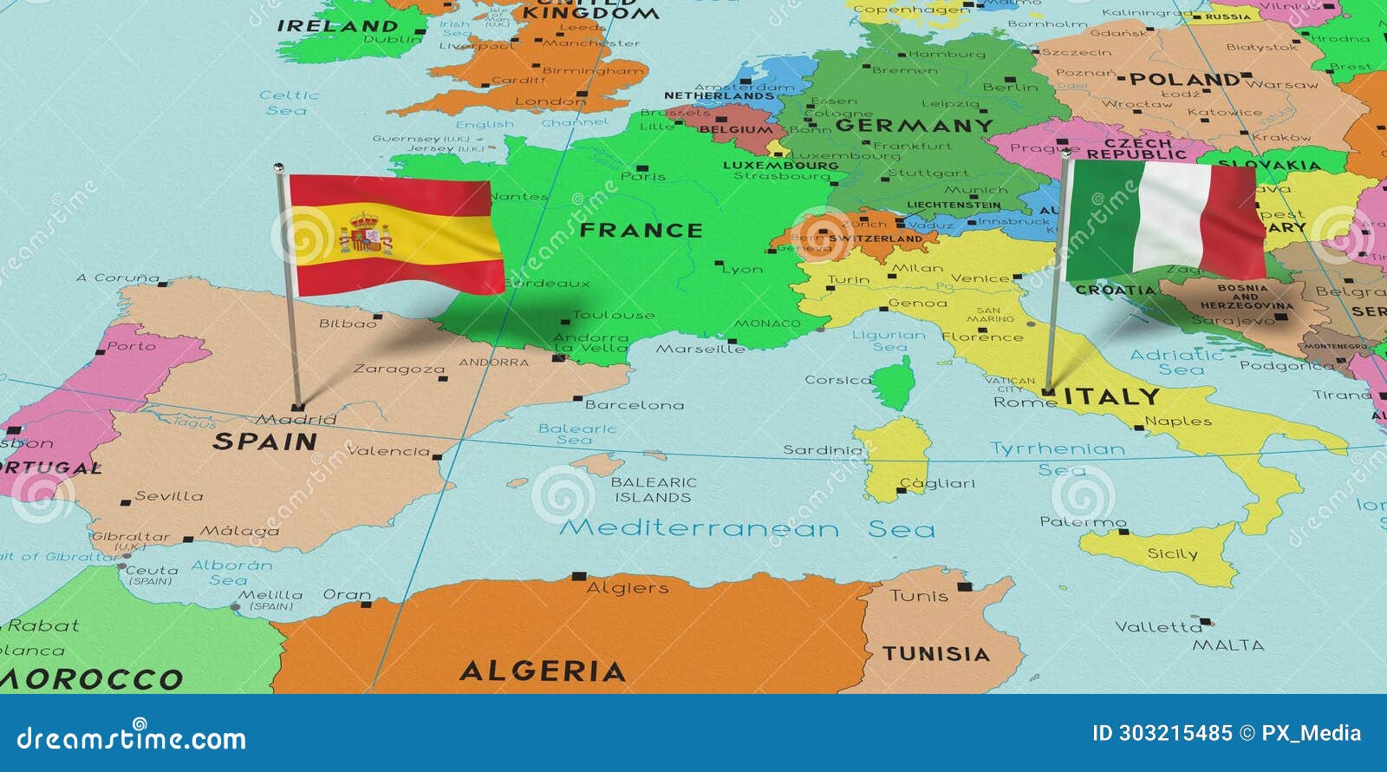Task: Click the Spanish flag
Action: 394,234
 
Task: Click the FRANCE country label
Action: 641,231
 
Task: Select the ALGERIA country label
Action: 543,671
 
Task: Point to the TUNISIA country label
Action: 936,654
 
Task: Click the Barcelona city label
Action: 635,405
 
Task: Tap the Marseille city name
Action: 700,349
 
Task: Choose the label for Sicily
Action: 1172,553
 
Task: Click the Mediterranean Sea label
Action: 746,528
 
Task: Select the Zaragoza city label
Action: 399,370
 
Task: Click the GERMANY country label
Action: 915,126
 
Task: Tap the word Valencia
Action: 388,451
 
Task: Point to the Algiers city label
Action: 628,588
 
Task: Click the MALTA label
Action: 1228,645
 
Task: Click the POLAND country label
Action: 1185,80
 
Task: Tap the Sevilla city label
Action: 169,496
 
